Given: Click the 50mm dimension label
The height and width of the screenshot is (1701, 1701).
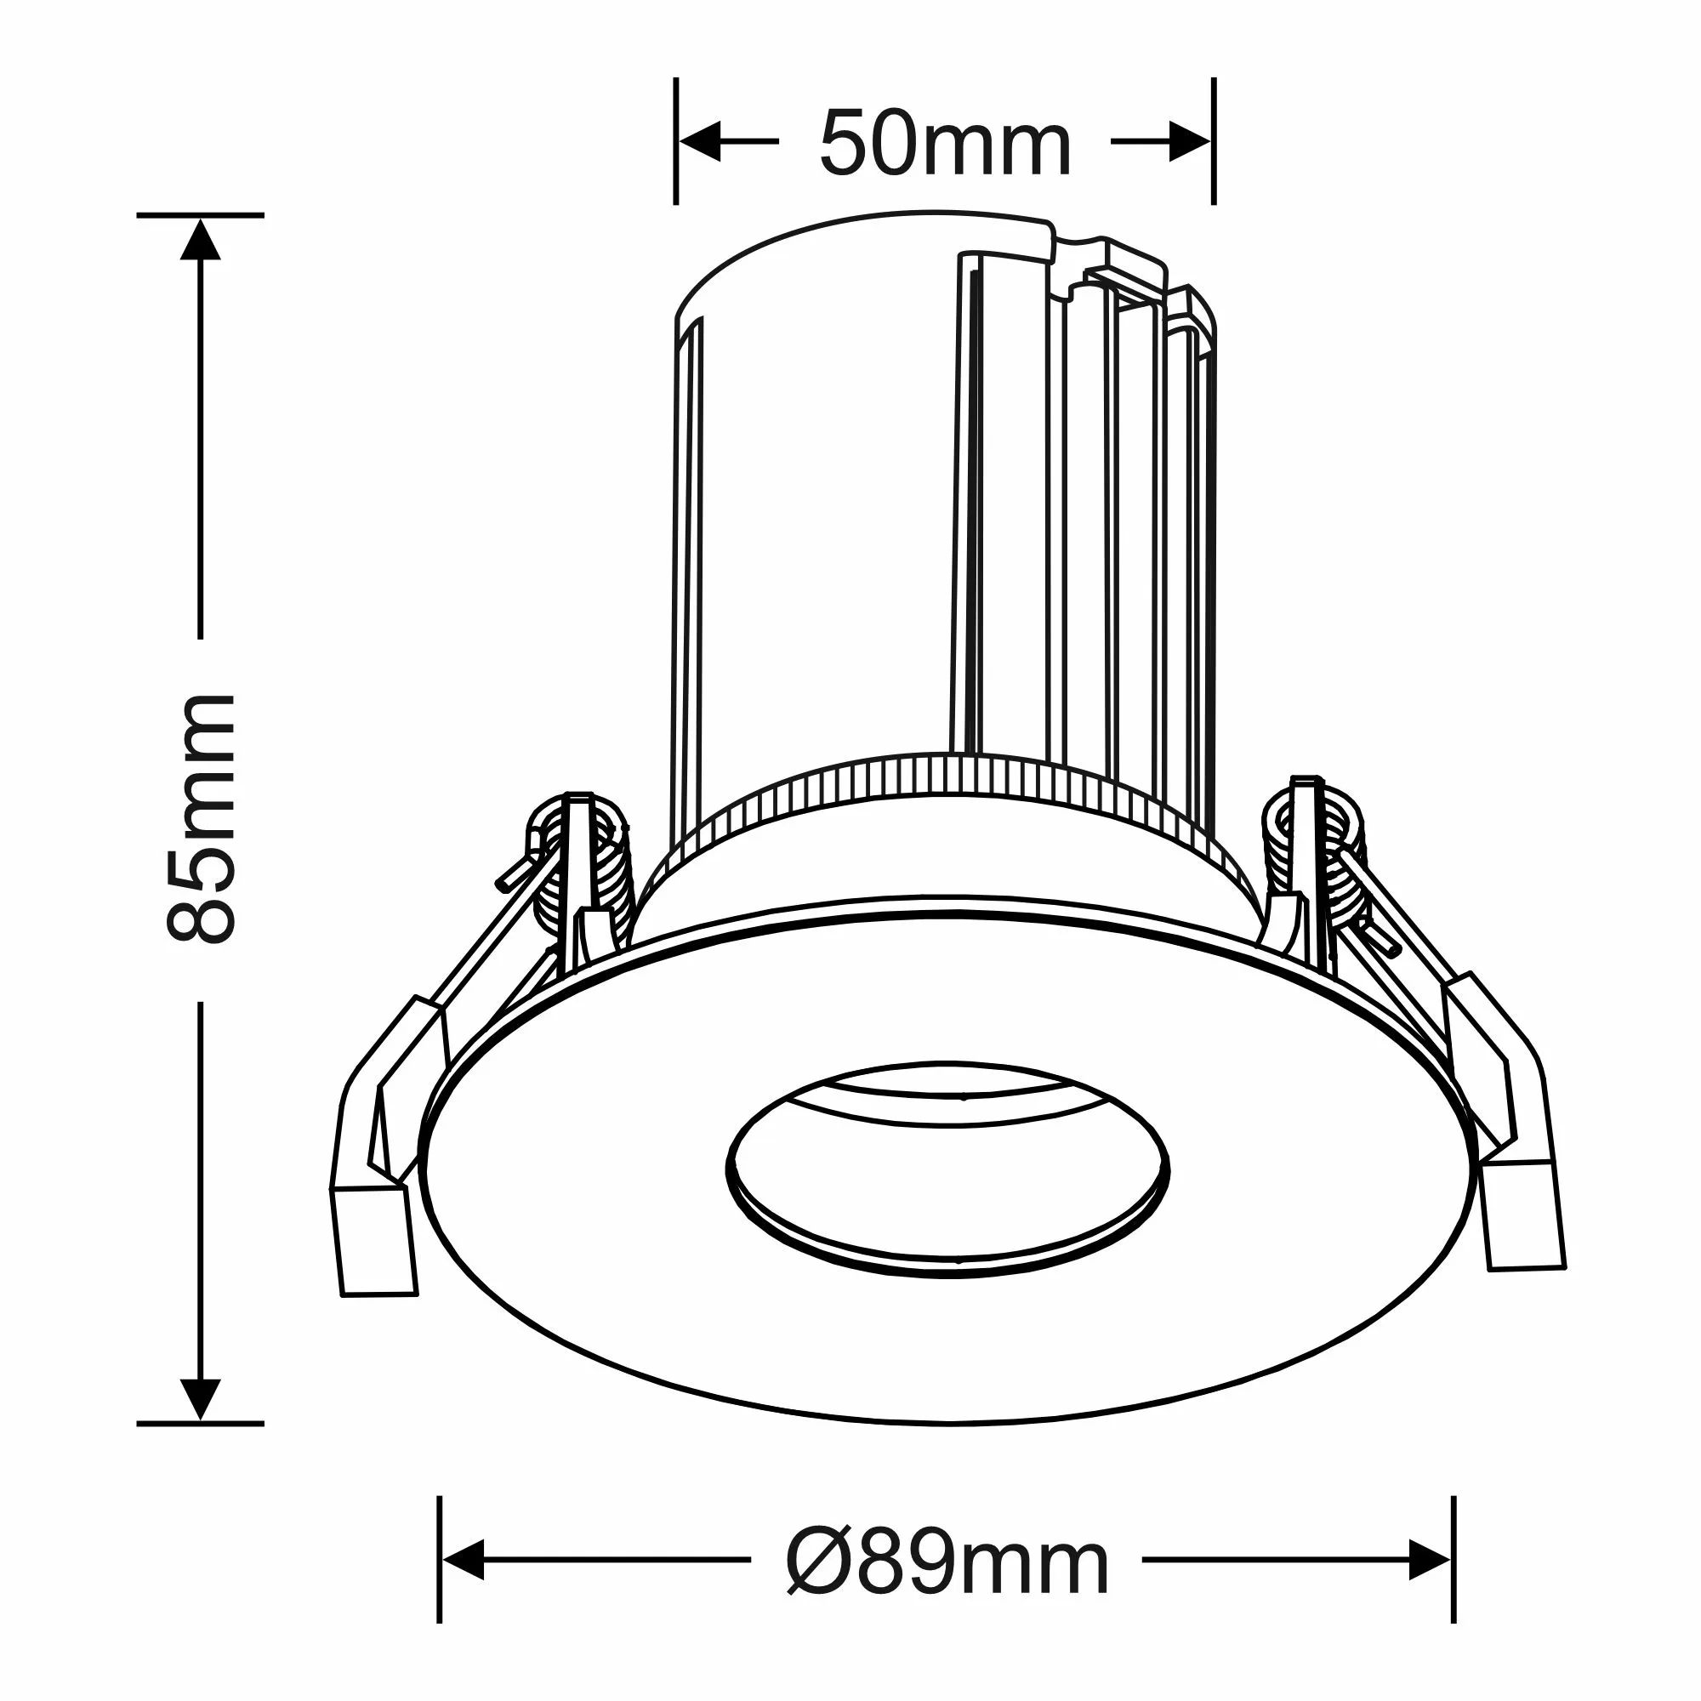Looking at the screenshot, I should coord(945,144).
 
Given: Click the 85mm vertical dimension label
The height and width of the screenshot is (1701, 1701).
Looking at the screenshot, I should coord(201,820).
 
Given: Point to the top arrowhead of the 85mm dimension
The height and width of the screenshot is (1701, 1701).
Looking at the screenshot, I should coord(200,241).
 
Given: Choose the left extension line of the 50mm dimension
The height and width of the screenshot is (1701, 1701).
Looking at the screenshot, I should coord(675,141).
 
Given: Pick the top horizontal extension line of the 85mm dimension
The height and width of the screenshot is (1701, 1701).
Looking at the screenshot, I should coord(200,215).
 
